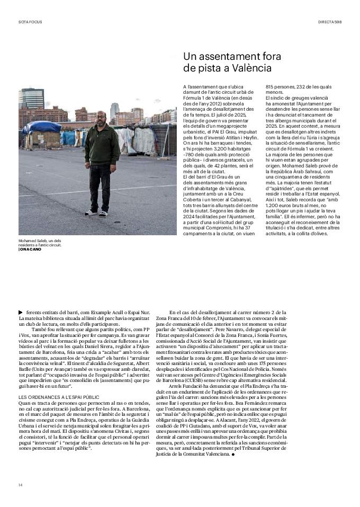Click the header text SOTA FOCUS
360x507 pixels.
pos(30,22)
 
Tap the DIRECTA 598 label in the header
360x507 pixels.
pos(330,22)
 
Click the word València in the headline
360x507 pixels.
pos(250,68)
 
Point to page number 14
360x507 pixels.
pos(21,485)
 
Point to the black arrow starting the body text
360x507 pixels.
pos(21,313)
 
